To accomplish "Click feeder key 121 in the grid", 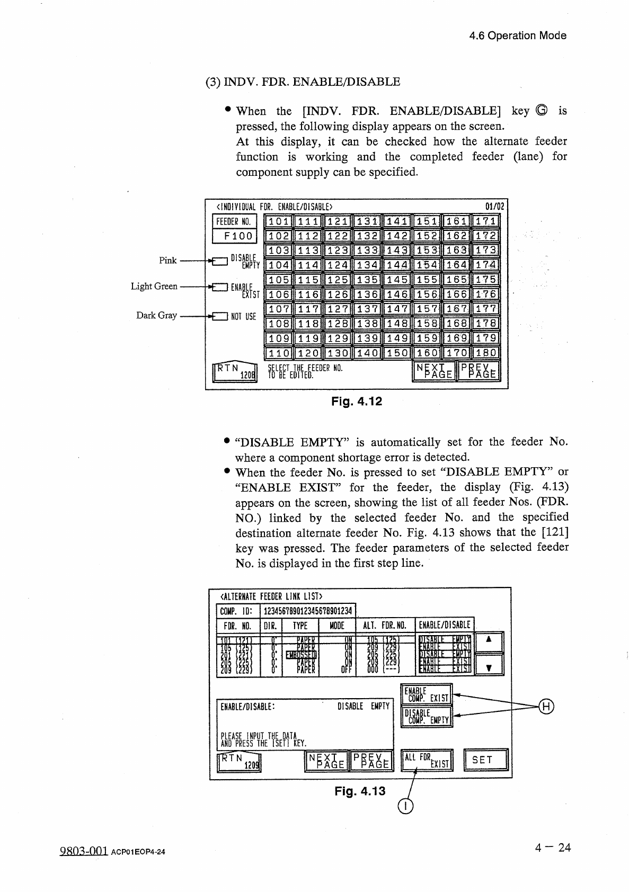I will tap(338, 221).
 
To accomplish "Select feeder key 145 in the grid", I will tap(397, 280).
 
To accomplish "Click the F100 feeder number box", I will tap(235, 236).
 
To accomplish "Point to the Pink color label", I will tap(167, 260).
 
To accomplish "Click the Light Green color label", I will tap(154, 287).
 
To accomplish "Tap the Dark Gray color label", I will tap(156, 315).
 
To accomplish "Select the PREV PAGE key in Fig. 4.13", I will tap(372, 760).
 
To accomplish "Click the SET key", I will tap(485, 760).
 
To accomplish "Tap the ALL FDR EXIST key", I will tap(427, 760).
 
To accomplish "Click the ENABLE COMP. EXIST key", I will tap(427, 694).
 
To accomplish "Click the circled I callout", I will tap(405, 806).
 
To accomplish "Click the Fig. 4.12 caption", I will tap(357, 402).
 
